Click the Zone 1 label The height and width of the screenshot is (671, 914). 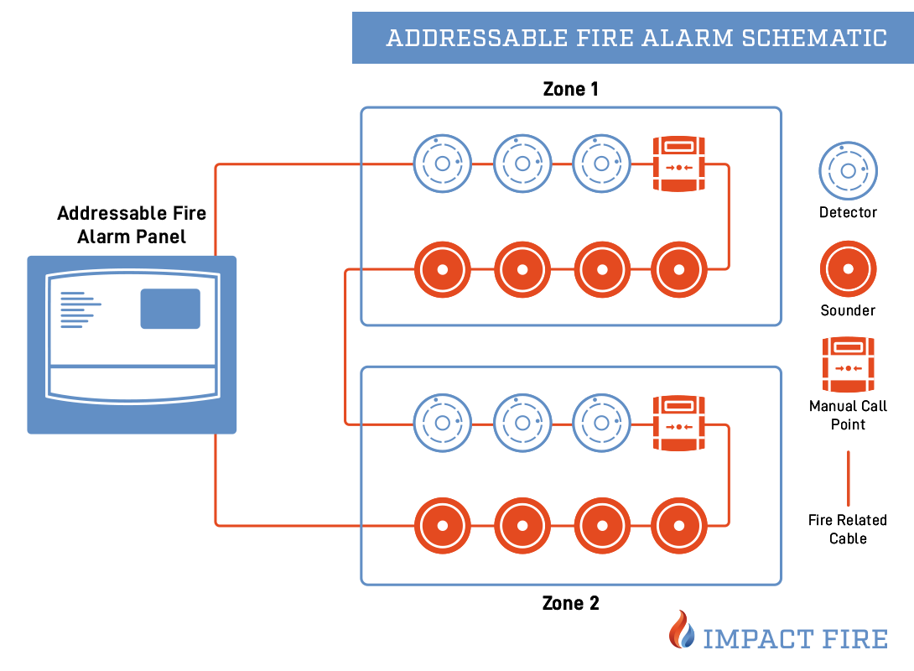[x=570, y=89]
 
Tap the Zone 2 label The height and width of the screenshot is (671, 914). [x=570, y=603]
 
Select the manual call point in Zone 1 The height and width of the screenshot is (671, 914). [x=679, y=164]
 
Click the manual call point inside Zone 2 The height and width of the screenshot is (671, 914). [x=679, y=424]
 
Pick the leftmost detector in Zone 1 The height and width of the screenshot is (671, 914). [x=442, y=164]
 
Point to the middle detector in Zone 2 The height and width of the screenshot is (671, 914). [x=522, y=424]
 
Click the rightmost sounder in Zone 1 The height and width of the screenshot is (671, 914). [x=679, y=269]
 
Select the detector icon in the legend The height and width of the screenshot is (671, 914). [x=848, y=171]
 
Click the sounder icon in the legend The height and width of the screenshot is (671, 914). [x=848, y=269]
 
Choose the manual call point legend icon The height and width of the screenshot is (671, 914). [x=848, y=364]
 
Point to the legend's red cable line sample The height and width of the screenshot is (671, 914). [x=848, y=477]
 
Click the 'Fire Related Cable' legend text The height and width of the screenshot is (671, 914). [x=848, y=529]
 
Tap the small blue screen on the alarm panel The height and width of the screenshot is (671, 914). [x=170, y=308]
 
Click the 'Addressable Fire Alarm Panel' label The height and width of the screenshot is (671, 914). [x=132, y=225]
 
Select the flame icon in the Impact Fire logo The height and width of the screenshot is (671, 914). [x=682, y=630]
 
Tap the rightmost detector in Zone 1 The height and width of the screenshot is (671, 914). [x=601, y=164]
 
